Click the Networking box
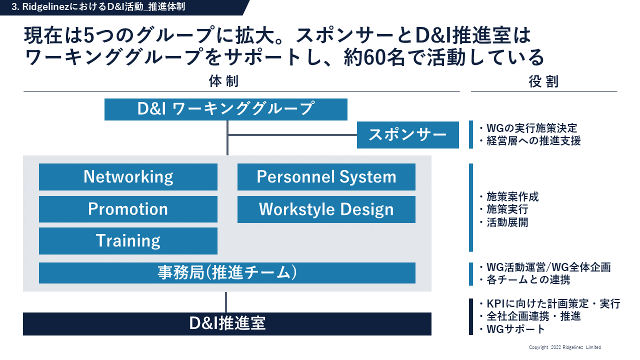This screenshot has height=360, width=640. (x=128, y=177)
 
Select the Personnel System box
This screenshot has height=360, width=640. (x=326, y=177)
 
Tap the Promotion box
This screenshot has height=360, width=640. (x=128, y=209)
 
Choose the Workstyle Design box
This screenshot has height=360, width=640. (x=326, y=209)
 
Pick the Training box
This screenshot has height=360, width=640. (x=128, y=241)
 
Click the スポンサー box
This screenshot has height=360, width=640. (x=407, y=135)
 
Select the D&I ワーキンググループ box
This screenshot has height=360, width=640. (x=225, y=109)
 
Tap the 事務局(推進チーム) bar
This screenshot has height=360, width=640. (x=227, y=273)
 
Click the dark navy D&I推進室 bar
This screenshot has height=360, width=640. (x=227, y=323)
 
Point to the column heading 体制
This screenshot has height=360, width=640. (x=223, y=81)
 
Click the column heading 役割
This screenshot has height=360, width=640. (x=543, y=81)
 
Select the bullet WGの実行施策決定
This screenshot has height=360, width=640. (x=528, y=128)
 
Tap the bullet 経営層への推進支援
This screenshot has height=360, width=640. (x=530, y=141)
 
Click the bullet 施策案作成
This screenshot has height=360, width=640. (x=509, y=197)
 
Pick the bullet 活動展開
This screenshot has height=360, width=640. (x=504, y=222)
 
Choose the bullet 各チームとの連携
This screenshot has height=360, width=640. (x=525, y=279)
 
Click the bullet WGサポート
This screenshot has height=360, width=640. (x=512, y=329)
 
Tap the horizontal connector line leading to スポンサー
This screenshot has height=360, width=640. (x=292, y=135)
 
